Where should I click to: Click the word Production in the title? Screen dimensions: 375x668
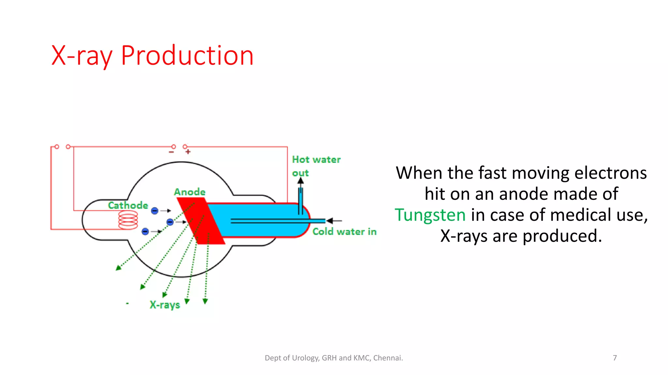click(187, 56)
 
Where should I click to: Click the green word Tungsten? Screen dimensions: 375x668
click(430, 215)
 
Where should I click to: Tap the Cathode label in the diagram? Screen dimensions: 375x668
click(128, 205)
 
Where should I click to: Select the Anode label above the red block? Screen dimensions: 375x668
click(190, 192)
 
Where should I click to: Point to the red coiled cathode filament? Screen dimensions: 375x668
click(128, 220)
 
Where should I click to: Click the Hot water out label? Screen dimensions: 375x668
click(316, 160)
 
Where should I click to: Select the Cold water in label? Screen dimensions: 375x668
click(344, 231)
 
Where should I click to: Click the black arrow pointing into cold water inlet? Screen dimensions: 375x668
click(334, 221)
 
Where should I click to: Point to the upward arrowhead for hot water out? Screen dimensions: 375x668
click(300, 181)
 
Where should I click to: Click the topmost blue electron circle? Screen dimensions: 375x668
click(155, 211)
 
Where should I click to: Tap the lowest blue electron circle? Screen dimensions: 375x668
click(145, 231)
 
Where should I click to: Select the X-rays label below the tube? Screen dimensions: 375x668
click(165, 305)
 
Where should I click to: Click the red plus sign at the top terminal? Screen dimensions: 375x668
click(188, 152)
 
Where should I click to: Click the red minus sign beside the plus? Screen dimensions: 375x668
click(172, 152)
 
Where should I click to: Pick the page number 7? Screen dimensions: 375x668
click(615, 358)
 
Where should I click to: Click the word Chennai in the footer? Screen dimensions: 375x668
click(388, 358)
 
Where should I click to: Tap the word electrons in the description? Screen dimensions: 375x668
click(610, 173)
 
